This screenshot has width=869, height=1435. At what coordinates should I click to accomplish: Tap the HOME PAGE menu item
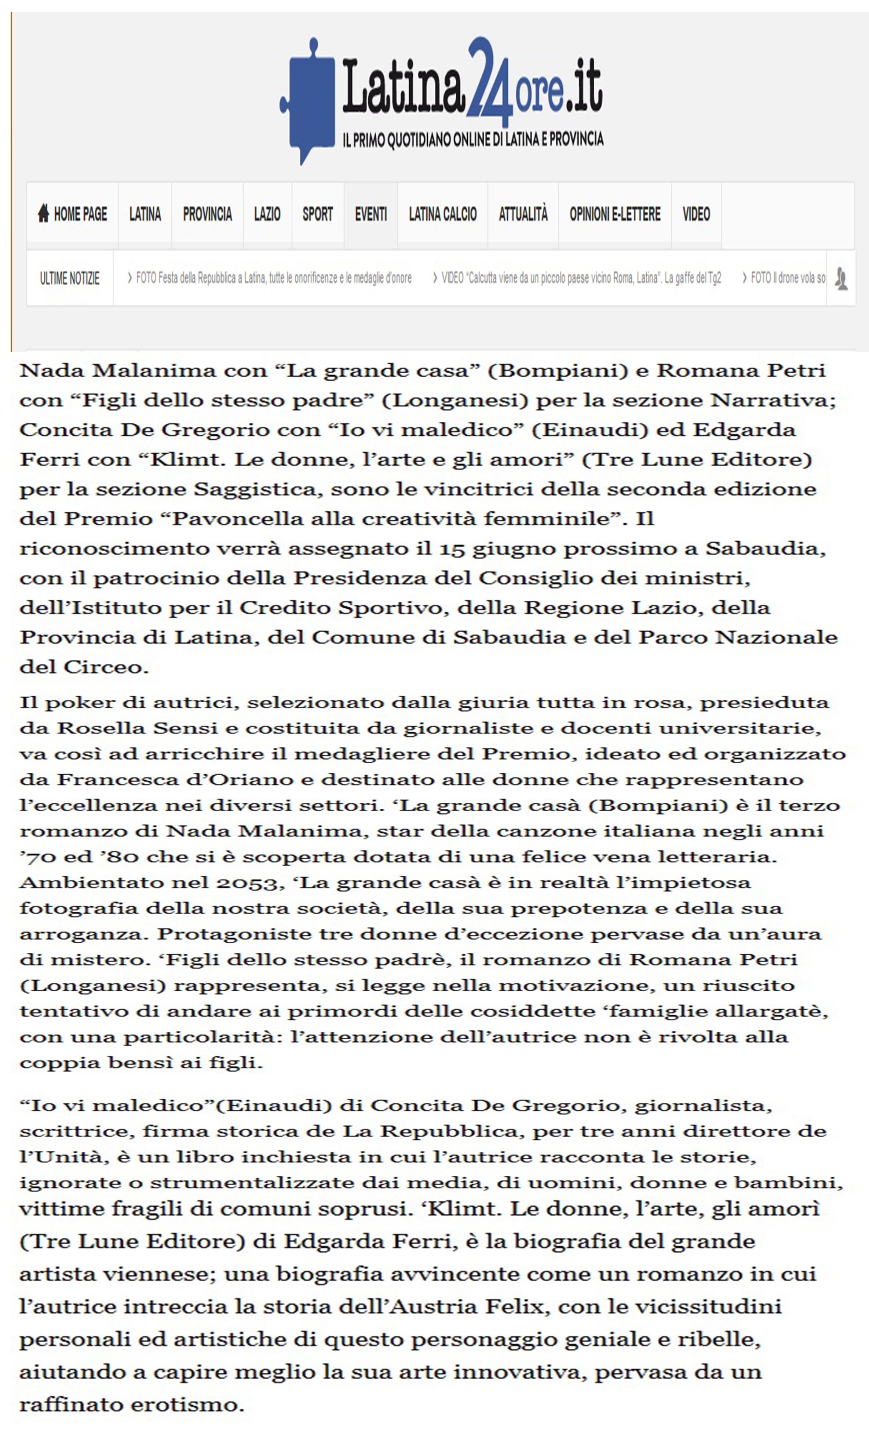[x=73, y=214]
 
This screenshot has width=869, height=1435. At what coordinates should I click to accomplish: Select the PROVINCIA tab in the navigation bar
[x=207, y=214]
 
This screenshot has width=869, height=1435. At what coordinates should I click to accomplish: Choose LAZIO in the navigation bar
[x=267, y=214]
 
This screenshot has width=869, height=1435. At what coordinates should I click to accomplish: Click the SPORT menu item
[x=317, y=214]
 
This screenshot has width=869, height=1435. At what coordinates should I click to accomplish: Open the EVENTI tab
[x=370, y=214]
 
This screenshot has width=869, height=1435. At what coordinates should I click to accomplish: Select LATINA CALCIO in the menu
[x=443, y=214]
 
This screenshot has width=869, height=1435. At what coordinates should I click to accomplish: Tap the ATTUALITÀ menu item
[x=523, y=214]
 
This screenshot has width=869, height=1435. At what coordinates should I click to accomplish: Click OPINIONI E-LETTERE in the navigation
[x=614, y=214]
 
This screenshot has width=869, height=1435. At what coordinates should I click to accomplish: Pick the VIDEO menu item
[x=696, y=214]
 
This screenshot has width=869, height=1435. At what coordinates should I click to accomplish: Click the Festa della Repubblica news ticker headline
[x=271, y=278]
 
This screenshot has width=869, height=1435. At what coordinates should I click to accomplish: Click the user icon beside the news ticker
[x=840, y=278]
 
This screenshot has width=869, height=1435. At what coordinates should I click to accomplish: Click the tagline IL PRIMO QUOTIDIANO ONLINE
[x=473, y=140]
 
